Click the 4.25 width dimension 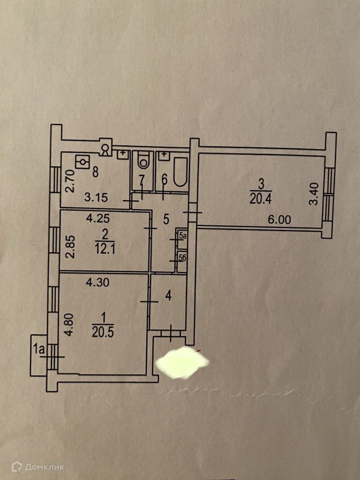(97, 218)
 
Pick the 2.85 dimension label (70, 244)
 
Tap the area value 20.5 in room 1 (102, 330)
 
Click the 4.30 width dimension (98, 282)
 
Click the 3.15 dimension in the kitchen (96, 197)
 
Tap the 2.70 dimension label (70, 181)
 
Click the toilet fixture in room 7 (142, 160)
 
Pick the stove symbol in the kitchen (82, 162)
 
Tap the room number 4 (168, 296)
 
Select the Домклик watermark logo (44, 467)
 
